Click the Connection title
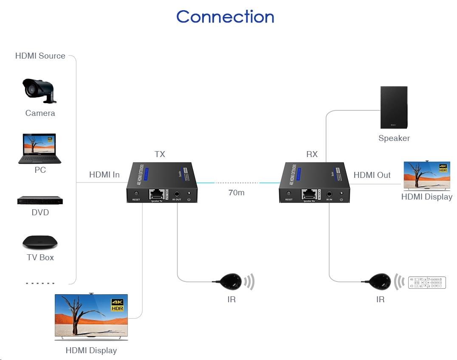coord(225,17)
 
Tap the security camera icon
coord(39,90)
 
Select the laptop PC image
coord(39,149)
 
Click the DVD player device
coord(40,200)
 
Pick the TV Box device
coord(40,242)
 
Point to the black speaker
coord(394,107)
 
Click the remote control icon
coord(427,283)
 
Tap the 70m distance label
coord(236,192)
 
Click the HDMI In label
coord(104,174)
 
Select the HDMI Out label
coord(372,175)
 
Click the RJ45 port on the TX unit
coord(157,194)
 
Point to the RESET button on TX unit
coord(136,194)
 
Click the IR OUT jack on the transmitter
coord(177,194)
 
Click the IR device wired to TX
coord(230,281)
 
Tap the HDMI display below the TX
coord(91,316)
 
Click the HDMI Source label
coord(40,56)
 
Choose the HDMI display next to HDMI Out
coord(426,176)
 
